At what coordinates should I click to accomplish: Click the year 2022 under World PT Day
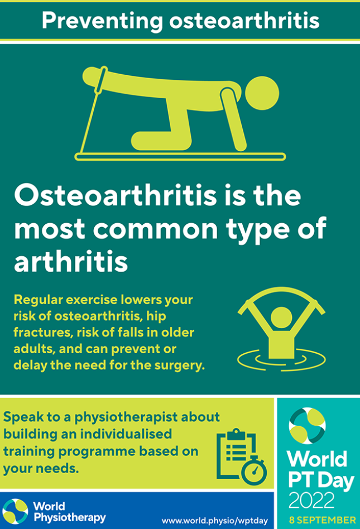click(x=311, y=499)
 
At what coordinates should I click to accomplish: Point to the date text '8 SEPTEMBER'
click(x=322, y=520)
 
